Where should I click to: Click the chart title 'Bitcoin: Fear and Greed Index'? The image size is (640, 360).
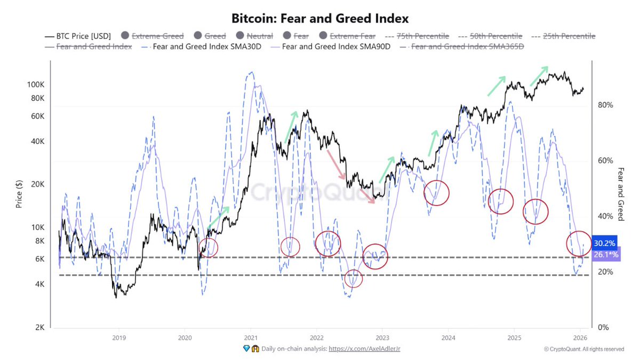pyautogui.click(x=320, y=18)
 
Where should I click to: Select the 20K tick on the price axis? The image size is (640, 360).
pyautogui.click(x=36, y=184)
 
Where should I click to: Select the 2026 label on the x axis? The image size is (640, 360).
pyautogui.click(x=580, y=338)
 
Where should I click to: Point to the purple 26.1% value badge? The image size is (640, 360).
pyautogui.click(x=605, y=255)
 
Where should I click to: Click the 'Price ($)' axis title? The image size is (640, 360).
pyautogui.click(x=19, y=194)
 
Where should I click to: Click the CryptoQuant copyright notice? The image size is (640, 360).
pyautogui.click(x=583, y=349)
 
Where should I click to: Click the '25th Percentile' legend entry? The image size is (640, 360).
pyautogui.click(x=564, y=36)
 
